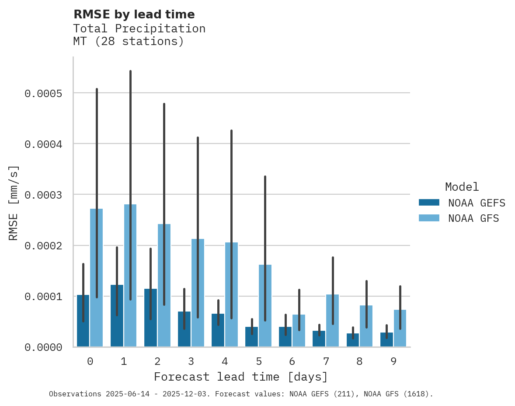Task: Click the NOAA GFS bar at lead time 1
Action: [x=130, y=276]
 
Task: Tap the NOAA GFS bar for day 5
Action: [x=265, y=306]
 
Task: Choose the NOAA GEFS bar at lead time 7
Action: [x=319, y=339]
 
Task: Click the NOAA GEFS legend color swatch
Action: [x=429, y=203]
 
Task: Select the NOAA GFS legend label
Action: [x=473, y=218]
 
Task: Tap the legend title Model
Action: [x=462, y=187]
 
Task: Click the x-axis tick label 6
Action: [x=292, y=361]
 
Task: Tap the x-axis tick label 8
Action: [x=359, y=361]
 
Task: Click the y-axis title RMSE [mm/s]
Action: [x=14, y=203]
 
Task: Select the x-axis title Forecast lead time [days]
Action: [x=241, y=377]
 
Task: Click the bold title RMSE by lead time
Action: [x=134, y=14]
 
